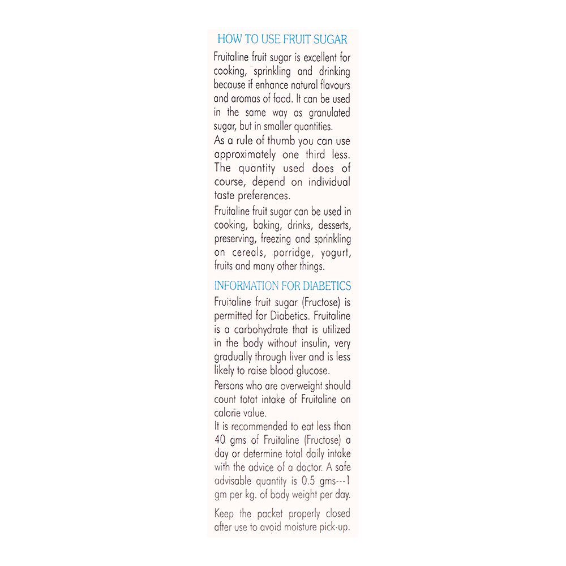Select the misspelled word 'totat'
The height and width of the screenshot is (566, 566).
click(x=250, y=399)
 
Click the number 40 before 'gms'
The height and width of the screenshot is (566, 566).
click(x=220, y=440)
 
